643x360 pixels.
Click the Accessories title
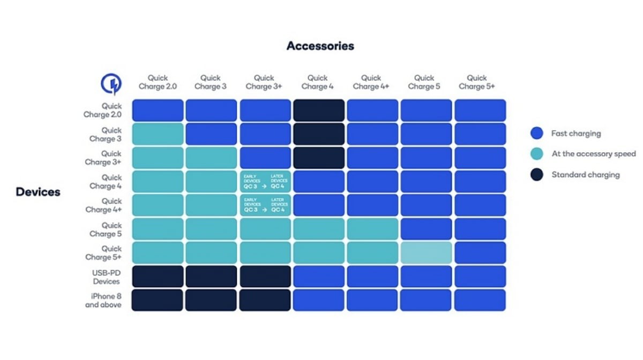tap(320, 46)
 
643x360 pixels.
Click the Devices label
tap(38, 192)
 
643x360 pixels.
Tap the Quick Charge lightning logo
tap(111, 84)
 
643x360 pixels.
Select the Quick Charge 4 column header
tap(318, 82)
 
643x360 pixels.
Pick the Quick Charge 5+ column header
tap(477, 82)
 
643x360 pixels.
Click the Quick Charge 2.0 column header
tap(158, 82)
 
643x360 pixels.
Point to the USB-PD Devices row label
tap(106, 277)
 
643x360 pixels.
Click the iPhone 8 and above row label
tap(103, 301)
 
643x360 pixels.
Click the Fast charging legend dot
tap(537, 133)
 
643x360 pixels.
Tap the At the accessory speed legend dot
tap(537, 154)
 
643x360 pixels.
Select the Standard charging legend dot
tap(537, 174)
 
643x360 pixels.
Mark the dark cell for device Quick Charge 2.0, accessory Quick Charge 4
tap(319, 110)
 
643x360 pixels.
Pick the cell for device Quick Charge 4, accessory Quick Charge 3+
tap(265, 181)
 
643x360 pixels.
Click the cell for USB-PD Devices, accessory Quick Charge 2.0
tap(158, 276)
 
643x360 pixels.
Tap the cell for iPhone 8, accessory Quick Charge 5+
tap(480, 300)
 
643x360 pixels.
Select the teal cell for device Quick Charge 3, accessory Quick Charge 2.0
tap(158, 134)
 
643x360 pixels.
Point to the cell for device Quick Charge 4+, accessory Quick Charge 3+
tap(265, 205)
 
